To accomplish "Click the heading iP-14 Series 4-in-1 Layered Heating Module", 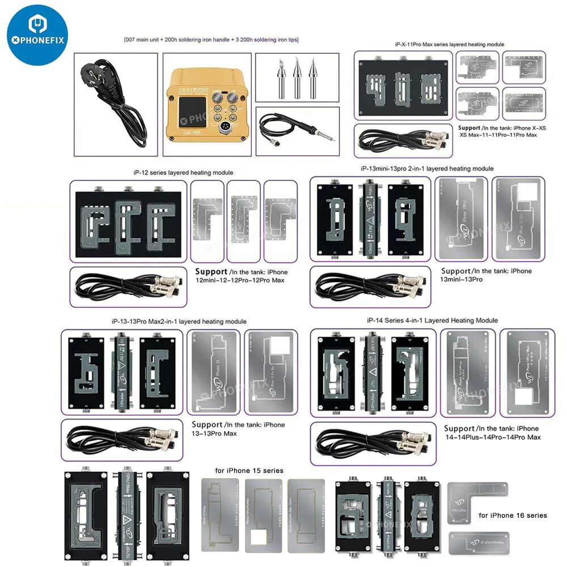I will [432, 320].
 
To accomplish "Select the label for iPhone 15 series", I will [249, 471].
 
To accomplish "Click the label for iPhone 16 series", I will [513, 515].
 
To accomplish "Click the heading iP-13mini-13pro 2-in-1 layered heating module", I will [427, 168].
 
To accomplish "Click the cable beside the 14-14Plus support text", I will [371, 441].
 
